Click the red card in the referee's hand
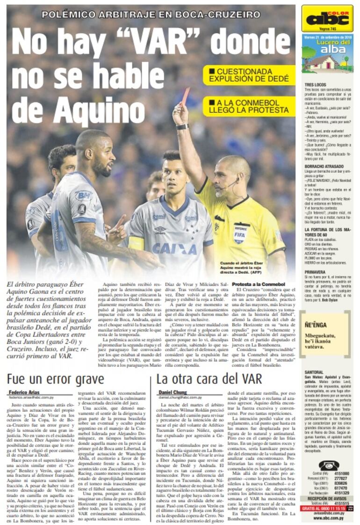point(185,96)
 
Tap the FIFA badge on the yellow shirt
point(241,233)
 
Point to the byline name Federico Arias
point(24,392)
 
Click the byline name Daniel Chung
point(173,392)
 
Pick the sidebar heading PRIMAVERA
point(315,271)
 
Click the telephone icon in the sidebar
point(329,466)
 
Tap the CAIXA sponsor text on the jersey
point(174,248)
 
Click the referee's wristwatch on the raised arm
point(182,127)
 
